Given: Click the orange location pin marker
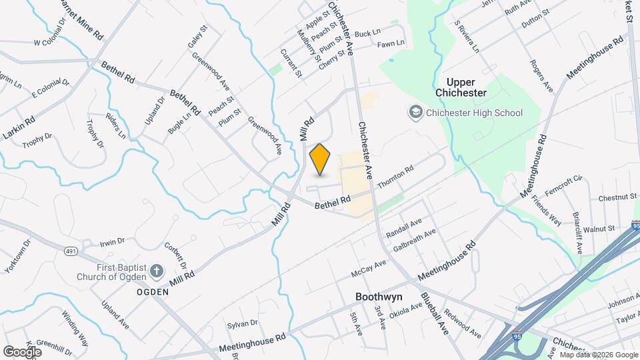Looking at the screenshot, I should coord(320,159).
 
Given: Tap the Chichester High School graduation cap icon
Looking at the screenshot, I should coord(416,113).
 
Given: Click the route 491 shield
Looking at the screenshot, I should coord(71,251).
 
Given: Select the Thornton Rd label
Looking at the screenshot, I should coord(395,177).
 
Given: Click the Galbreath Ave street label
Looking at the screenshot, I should coord(415,241).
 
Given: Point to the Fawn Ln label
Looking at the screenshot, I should coord(391,43).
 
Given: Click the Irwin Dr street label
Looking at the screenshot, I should coord(112,241).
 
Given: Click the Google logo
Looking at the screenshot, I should coord(22,351).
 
